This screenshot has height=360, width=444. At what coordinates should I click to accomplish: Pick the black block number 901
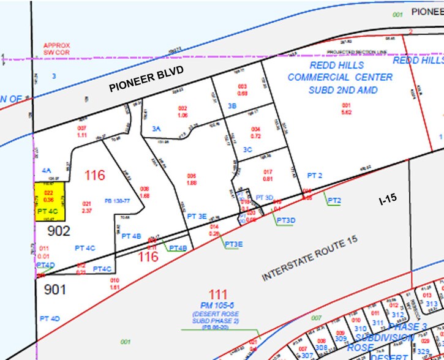point(55,288)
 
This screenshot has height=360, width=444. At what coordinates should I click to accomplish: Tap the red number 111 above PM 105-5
point(218,294)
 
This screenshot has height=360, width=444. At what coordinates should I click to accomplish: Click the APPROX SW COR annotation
point(57,48)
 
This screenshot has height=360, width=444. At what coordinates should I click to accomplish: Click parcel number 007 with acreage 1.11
point(83,130)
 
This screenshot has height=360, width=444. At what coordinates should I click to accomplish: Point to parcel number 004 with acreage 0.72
point(256,132)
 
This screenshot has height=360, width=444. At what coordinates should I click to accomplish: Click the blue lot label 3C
point(248,149)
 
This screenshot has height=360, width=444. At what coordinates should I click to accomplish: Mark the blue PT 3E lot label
point(197,216)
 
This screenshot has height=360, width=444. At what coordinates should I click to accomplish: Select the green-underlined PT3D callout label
point(286,220)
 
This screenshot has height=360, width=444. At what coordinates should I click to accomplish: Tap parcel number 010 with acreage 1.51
point(114,283)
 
